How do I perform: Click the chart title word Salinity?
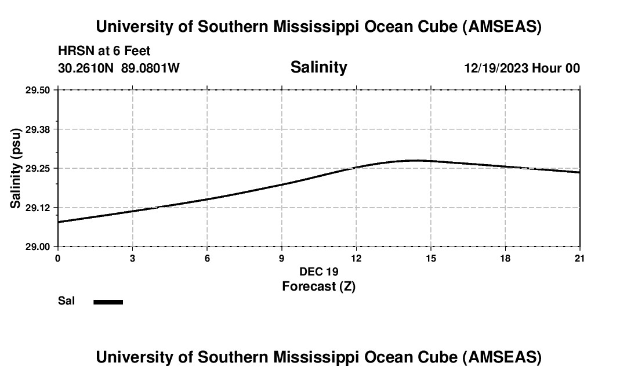(x=318, y=67)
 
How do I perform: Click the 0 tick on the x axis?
(x=57, y=258)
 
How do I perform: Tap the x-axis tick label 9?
(x=281, y=258)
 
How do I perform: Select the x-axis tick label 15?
(x=430, y=258)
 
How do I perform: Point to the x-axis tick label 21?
(x=579, y=258)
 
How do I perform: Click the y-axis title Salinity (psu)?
(x=16, y=168)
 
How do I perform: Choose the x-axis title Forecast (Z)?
(x=318, y=287)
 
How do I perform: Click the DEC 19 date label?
(x=318, y=271)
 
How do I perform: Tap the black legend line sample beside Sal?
(x=108, y=302)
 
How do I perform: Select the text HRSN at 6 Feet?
(x=104, y=51)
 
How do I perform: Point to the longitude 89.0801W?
(x=150, y=68)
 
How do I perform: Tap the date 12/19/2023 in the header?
(x=496, y=68)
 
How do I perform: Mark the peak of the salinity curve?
(x=415, y=160)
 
